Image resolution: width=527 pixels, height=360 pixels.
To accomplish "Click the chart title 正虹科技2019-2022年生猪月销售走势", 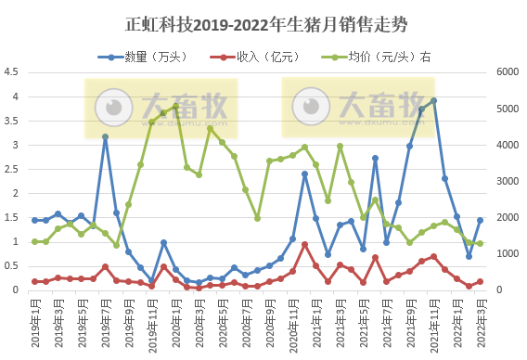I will click(x=263, y=22).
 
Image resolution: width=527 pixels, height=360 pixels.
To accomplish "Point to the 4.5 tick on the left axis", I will click(x=12, y=72).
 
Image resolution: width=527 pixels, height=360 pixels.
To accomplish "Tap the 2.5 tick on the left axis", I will click(x=12, y=169).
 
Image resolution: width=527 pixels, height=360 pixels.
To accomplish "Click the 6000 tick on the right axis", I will click(x=509, y=72).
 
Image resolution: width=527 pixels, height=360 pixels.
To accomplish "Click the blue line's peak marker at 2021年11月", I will click(x=433, y=101).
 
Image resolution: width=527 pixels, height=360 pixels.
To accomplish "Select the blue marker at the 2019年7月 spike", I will click(x=105, y=136).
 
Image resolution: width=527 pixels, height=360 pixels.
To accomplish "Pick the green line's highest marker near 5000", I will click(x=175, y=107).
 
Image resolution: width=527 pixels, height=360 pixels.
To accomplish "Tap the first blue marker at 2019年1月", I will click(x=34, y=220).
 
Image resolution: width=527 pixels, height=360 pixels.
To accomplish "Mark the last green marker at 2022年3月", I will click(x=480, y=243).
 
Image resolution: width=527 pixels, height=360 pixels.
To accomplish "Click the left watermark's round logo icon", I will click(x=114, y=105).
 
